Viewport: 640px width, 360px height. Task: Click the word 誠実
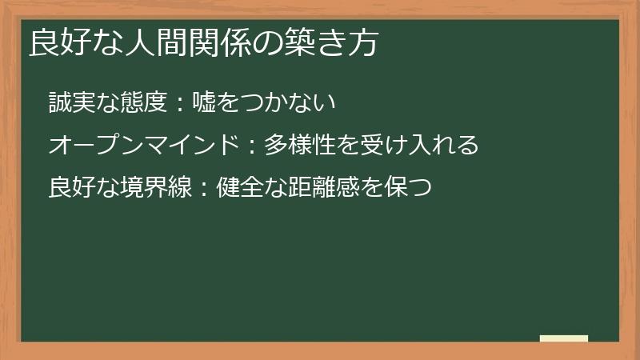tap(72, 102)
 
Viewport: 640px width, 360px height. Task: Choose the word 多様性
tap(300, 145)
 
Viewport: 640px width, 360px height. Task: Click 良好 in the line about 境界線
tap(72, 188)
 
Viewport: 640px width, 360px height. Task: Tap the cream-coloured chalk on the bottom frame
tap(564, 339)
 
